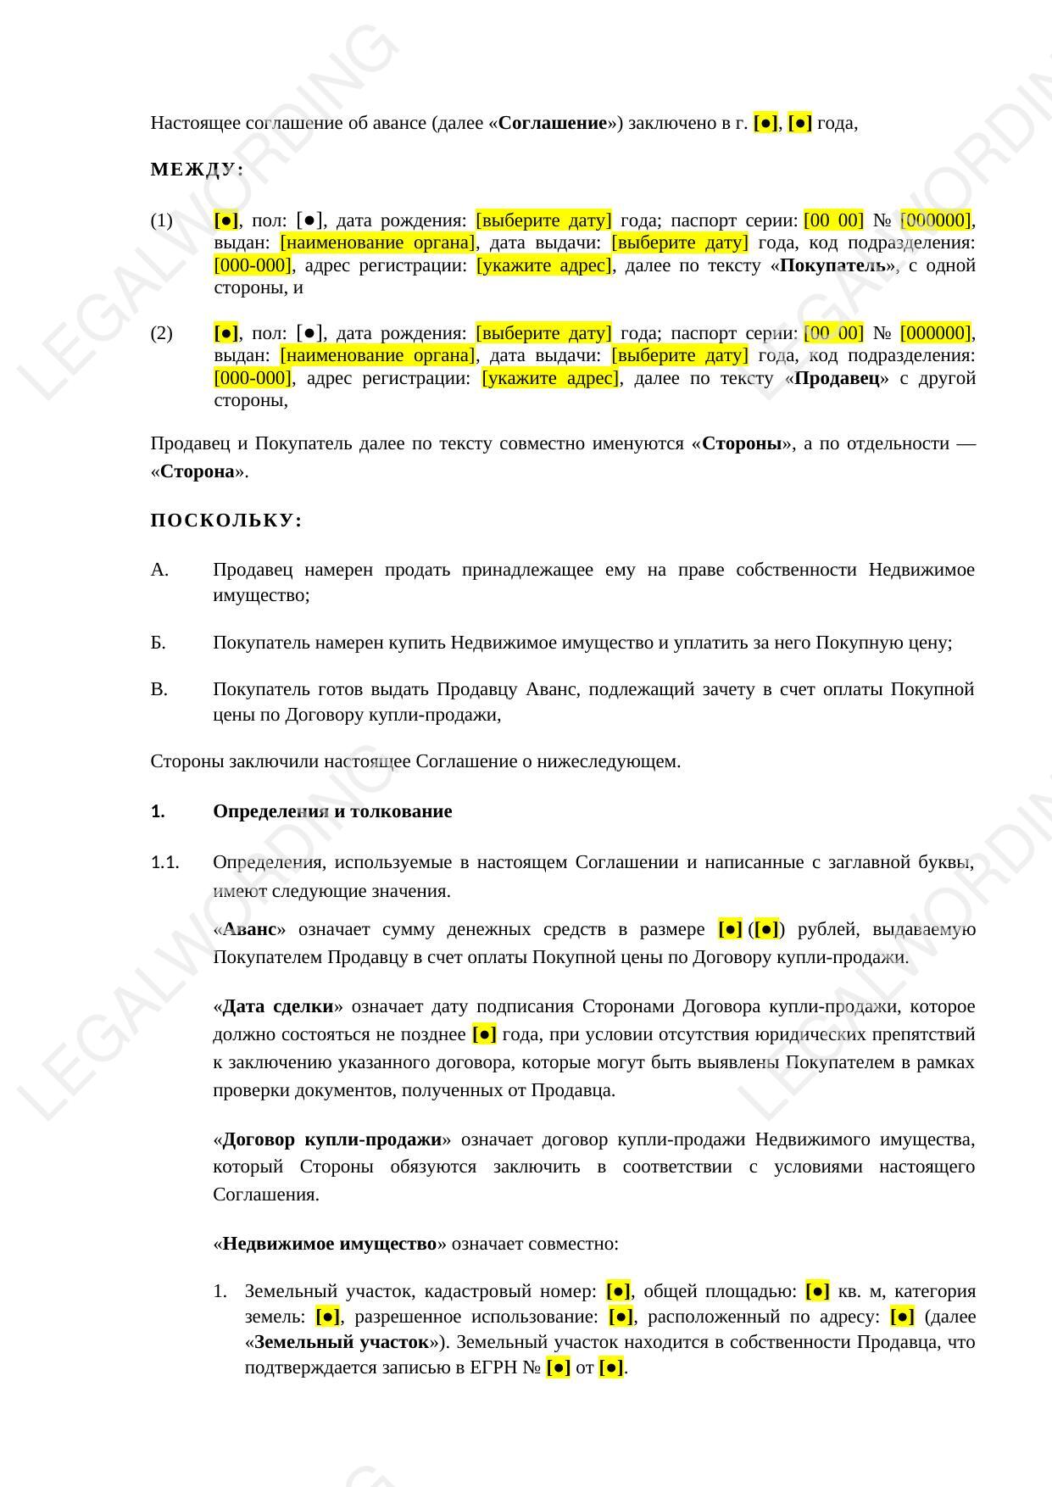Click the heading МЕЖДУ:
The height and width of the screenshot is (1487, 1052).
197,170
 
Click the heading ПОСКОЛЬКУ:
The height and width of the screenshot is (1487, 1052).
226,521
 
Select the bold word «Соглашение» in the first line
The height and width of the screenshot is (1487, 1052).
553,123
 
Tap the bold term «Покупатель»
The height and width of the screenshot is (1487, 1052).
836,265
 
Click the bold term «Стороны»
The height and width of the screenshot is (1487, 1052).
742,443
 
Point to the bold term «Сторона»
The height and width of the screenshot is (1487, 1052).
198,471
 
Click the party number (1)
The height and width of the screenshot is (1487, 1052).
161,221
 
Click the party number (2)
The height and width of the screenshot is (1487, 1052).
161,333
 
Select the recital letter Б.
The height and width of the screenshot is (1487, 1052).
159,643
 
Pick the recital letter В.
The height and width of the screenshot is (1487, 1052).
159,689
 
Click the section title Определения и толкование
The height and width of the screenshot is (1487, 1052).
332,811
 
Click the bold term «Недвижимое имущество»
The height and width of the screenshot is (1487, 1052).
329,1244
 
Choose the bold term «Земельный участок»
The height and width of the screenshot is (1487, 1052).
341,1342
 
